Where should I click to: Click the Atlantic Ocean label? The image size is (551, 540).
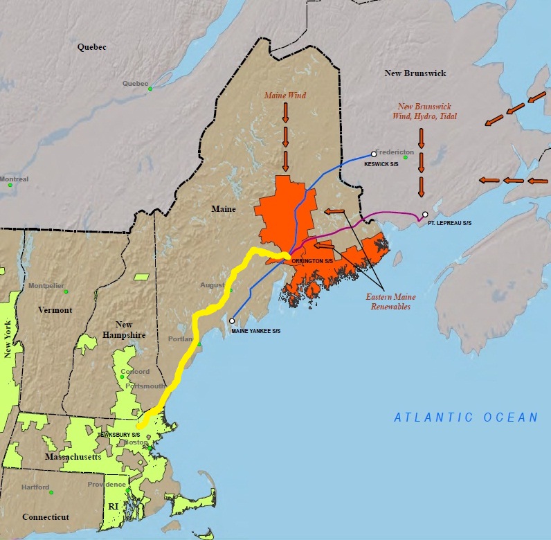point(465,417)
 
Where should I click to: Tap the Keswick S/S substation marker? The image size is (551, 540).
point(374,154)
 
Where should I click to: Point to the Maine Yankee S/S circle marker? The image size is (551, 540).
point(232,321)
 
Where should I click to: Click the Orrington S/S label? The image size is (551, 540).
point(312,261)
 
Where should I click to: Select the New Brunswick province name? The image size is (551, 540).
point(415,73)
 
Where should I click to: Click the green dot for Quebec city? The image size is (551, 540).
point(150,89)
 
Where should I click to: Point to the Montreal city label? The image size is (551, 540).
point(14,179)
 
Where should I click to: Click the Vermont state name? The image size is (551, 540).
point(55,310)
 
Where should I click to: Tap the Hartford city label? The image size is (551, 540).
point(35,487)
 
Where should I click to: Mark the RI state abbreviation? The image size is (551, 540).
point(114,507)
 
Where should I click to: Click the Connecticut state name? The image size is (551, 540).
point(46,517)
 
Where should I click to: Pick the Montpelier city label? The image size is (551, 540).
point(46,286)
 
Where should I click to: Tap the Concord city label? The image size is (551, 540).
point(135,372)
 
